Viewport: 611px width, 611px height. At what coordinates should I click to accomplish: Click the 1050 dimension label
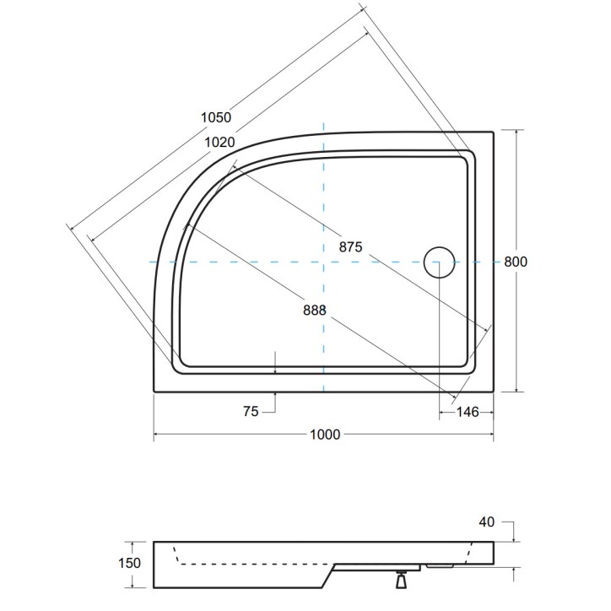tap(216, 117)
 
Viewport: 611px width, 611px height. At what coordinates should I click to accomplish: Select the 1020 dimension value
tap(219, 143)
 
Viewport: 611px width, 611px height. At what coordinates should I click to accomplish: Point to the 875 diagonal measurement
tap(351, 246)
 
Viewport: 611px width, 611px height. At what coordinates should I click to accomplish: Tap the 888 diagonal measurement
tap(315, 311)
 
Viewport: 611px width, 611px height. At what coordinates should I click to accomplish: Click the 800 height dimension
tap(516, 262)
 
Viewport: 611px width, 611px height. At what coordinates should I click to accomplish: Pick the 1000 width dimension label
tap(325, 434)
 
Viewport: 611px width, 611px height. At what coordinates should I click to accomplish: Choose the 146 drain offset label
tap(468, 412)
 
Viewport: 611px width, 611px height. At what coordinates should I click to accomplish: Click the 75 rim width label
tap(251, 411)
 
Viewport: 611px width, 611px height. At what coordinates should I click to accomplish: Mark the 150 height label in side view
tap(129, 563)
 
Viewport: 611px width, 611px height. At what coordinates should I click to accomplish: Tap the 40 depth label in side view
tap(486, 522)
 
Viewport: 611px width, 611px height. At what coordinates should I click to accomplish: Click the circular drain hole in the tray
tap(439, 262)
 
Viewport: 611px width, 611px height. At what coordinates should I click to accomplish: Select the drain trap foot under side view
tap(401, 580)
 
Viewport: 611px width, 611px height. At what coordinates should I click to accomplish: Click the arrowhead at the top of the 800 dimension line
tap(516, 132)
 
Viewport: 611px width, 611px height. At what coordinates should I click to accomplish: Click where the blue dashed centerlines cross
tap(323, 262)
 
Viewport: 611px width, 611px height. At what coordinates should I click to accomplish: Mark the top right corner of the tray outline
tap(494, 132)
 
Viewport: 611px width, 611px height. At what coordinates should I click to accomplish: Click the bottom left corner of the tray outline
tap(154, 392)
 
